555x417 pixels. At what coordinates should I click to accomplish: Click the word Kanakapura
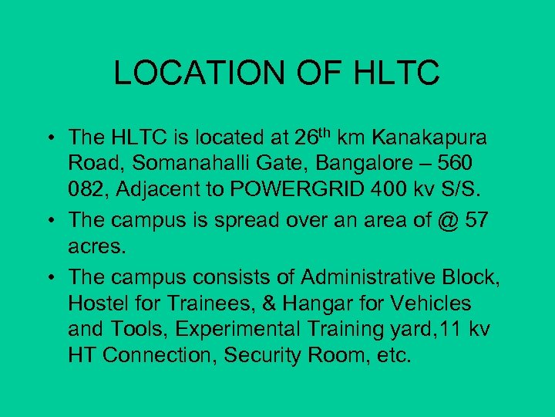(439, 138)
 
